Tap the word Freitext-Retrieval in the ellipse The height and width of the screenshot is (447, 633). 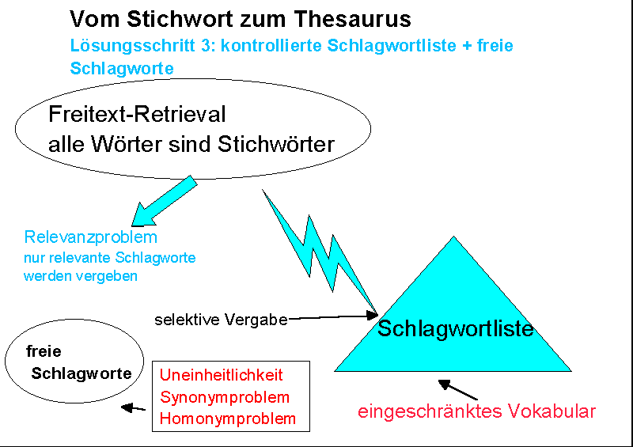(137, 115)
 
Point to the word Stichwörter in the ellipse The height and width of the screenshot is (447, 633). (272, 144)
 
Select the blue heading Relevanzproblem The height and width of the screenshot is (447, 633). (90, 237)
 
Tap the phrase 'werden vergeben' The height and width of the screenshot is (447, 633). (81, 276)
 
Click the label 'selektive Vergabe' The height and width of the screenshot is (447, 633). (221, 320)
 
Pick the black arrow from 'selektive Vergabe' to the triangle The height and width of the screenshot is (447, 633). (332, 316)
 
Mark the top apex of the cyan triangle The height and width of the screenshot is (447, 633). (453, 237)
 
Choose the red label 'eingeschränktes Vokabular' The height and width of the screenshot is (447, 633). (476, 411)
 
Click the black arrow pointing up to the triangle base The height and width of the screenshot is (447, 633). (458, 389)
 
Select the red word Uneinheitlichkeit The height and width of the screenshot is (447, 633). (221, 375)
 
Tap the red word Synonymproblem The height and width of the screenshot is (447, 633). (225, 397)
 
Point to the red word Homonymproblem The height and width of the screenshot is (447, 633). (228, 419)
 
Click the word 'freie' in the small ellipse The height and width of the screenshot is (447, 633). (44, 351)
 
